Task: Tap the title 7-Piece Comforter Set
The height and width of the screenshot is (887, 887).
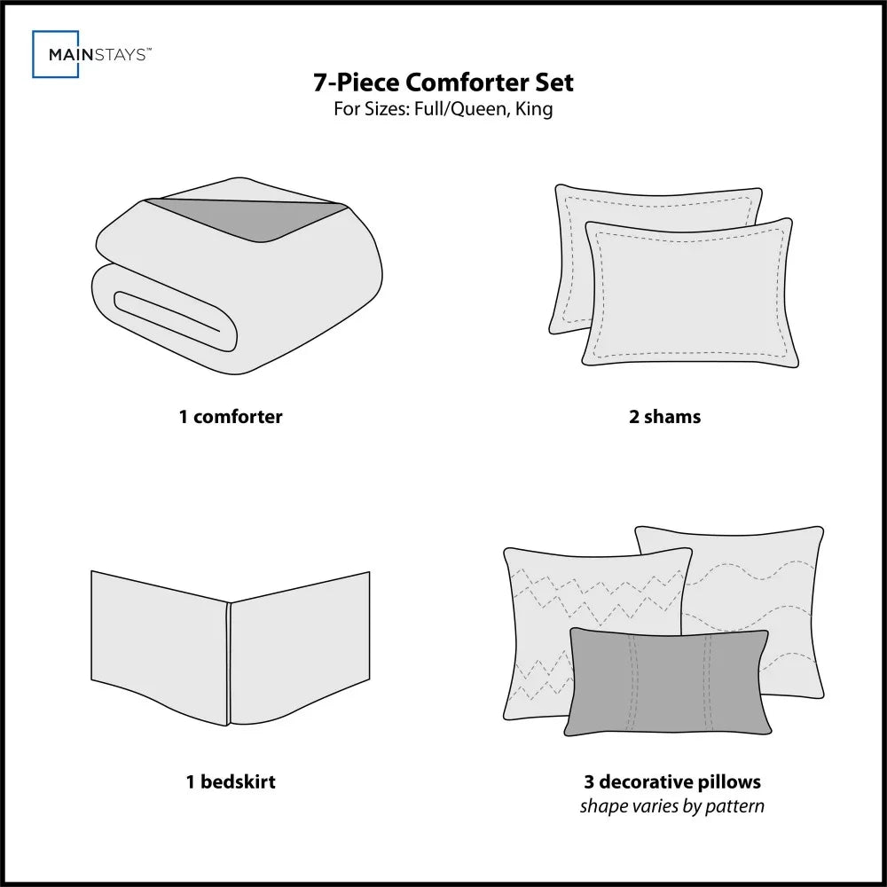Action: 443,82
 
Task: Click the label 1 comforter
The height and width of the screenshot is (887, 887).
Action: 231,416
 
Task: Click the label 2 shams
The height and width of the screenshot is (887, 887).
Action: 664,416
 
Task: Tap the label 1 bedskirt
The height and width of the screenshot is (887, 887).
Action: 231,781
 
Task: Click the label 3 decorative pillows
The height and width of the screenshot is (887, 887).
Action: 671,781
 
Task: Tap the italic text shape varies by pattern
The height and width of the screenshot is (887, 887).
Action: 671,806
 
